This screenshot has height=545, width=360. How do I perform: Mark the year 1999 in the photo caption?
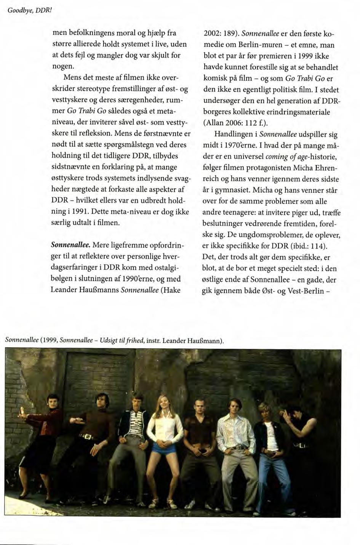[49, 340]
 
